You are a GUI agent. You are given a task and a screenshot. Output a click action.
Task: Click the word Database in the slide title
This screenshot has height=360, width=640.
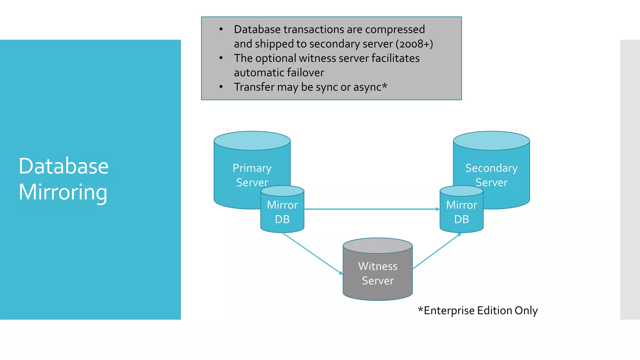[x=63, y=166]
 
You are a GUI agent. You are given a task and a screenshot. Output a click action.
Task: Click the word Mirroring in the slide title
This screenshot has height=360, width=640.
[x=63, y=192]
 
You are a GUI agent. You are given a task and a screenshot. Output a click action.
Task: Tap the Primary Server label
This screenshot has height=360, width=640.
[x=252, y=175]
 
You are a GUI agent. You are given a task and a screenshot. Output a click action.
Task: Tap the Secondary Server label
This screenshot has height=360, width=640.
[x=491, y=175]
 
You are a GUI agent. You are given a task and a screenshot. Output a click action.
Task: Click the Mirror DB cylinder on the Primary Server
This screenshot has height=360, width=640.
[x=282, y=212]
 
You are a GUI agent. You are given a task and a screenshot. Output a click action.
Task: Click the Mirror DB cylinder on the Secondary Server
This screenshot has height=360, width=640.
[x=462, y=212]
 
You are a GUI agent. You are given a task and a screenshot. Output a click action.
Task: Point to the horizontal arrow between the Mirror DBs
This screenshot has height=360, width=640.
[x=372, y=209]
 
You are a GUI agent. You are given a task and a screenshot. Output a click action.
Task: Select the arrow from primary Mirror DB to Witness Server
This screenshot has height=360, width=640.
[x=312, y=253]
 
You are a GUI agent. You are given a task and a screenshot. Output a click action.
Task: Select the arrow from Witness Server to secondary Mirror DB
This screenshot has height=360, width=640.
[x=437, y=251]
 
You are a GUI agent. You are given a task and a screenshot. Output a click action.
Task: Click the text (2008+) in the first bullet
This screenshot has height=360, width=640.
[x=414, y=44]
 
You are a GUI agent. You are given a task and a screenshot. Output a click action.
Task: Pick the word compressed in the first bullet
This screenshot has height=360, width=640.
[x=395, y=29]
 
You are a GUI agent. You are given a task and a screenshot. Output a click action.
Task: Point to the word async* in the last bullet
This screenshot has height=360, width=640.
[x=370, y=87]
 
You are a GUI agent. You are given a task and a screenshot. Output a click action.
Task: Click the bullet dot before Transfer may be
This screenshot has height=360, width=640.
[x=221, y=87]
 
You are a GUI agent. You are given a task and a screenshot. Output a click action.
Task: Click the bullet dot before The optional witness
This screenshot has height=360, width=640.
[x=221, y=58]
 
